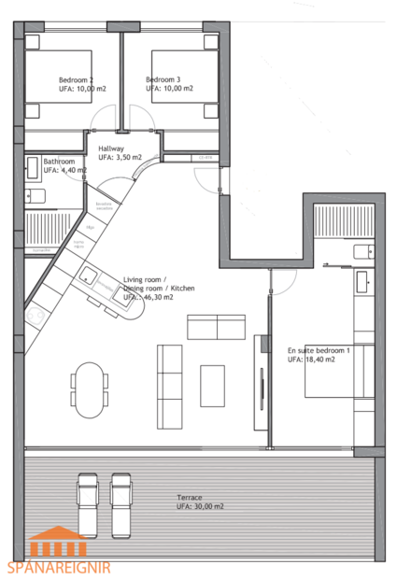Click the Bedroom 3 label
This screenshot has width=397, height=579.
[x=163, y=79]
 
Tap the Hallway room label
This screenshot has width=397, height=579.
[x=113, y=148]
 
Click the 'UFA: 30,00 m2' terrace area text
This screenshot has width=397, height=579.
[x=200, y=506]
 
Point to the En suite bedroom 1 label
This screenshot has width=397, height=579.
[x=319, y=350]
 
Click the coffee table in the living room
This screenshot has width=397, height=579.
[x=213, y=386]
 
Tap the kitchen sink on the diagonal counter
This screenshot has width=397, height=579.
[x=89, y=275]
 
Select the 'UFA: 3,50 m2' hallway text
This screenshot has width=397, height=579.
[x=120, y=157]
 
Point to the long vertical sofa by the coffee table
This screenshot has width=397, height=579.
[x=170, y=385]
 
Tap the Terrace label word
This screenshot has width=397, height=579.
[x=190, y=497]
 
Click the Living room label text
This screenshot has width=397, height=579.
[x=145, y=279]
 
